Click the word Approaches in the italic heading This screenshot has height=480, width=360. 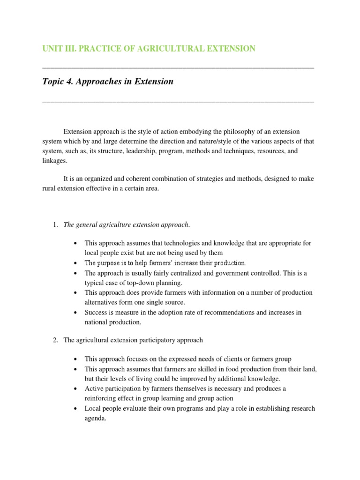103,82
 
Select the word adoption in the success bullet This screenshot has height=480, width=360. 162,312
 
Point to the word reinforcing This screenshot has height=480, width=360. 102,398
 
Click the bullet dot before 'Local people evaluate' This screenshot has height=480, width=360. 75,409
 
